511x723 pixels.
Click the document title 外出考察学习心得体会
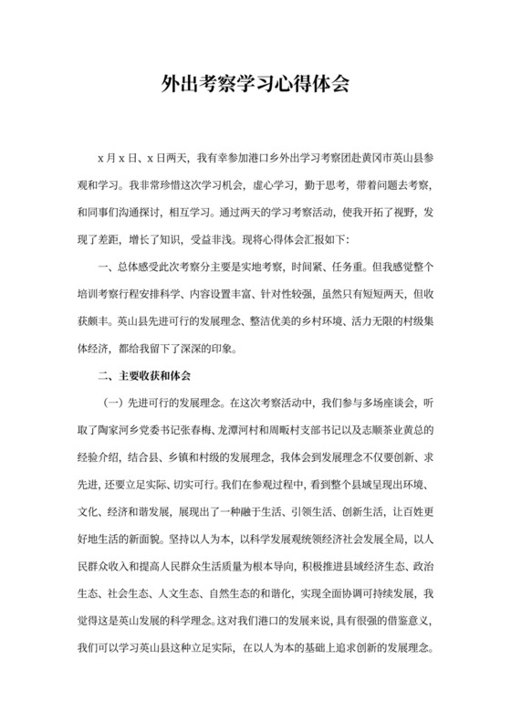pos(255,85)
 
